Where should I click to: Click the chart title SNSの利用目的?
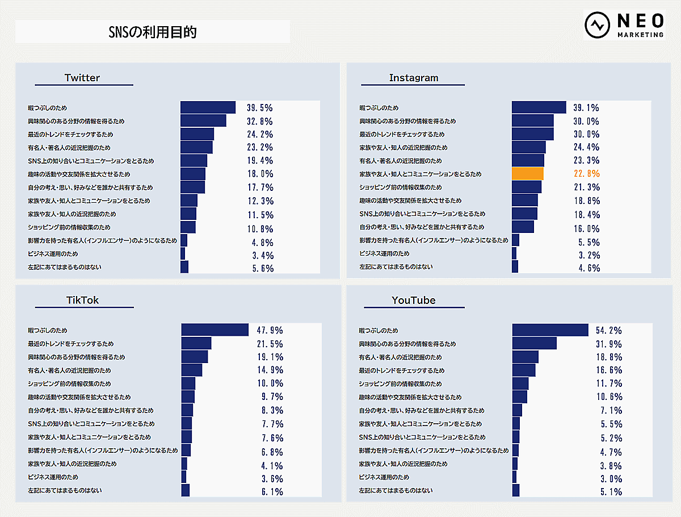pyautogui.click(x=152, y=32)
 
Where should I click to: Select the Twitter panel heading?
pyautogui.click(x=82, y=78)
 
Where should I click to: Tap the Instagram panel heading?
pyautogui.click(x=414, y=78)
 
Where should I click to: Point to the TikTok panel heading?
pyautogui.click(x=83, y=300)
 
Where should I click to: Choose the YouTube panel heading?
pyautogui.click(x=414, y=300)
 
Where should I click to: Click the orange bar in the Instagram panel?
pyautogui.click(x=528, y=174)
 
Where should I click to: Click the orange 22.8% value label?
pyautogui.click(x=586, y=174)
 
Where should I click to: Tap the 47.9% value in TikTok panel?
pyautogui.click(x=269, y=330)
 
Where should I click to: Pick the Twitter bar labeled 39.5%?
pyautogui.click(x=208, y=107)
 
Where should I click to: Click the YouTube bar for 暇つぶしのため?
pyautogui.click(x=550, y=330)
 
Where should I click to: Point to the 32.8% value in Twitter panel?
pyautogui.click(x=259, y=121)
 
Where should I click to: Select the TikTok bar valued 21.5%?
pyautogui.click(x=196, y=344)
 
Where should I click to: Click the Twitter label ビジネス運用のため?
pyautogui.click(x=53, y=253)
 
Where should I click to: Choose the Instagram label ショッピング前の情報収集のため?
pyautogui.click(x=401, y=187)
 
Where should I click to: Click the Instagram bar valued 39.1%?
pyautogui.click(x=539, y=107)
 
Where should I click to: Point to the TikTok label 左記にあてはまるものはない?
pyautogui.click(x=65, y=490)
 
